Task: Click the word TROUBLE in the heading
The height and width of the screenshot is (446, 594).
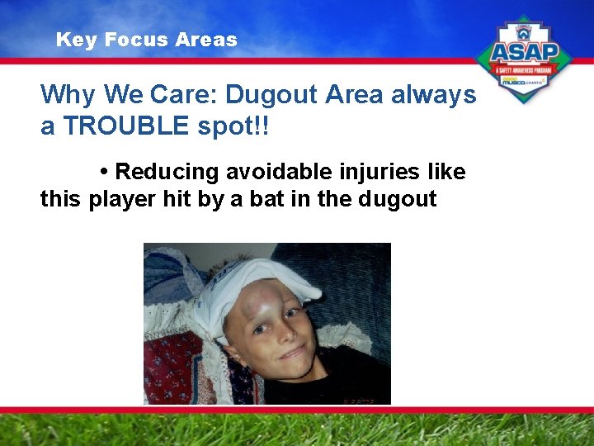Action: [x=121, y=127]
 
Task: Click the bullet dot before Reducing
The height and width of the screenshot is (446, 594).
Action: [x=104, y=172]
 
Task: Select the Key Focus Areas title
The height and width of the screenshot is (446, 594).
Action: [x=146, y=40]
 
